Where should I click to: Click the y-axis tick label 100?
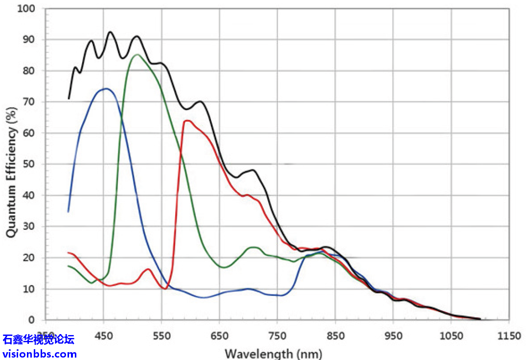[27, 8]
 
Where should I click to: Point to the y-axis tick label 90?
[29, 40]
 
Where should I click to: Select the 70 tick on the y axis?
[29, 102]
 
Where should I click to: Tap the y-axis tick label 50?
[29, 164]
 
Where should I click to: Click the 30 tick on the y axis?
[29, 226]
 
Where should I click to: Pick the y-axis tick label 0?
[32, 320]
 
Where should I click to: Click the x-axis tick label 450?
[104, 337]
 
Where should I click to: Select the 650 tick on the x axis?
[219, 337]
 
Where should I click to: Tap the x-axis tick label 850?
[335, 337]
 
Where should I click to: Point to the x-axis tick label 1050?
[451, 337]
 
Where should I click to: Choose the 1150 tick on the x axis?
[509, 337]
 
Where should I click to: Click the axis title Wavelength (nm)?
[273, 353]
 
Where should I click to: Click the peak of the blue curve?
[106, 89]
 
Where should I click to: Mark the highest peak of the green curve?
[137, 54]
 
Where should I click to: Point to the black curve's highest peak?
[110, 32]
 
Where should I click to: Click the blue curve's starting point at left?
[68, 212]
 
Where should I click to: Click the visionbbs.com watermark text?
[40, 354]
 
